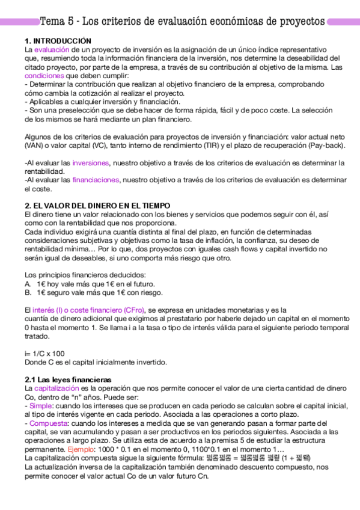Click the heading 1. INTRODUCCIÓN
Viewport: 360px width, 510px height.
(x=49, y=40)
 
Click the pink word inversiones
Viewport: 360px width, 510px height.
(x=91, y=163)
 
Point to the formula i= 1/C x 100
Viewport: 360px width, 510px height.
(x=44, y=354)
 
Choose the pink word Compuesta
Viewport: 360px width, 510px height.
(x=46, y=423)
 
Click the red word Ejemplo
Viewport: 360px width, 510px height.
(x=80, y=449)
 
